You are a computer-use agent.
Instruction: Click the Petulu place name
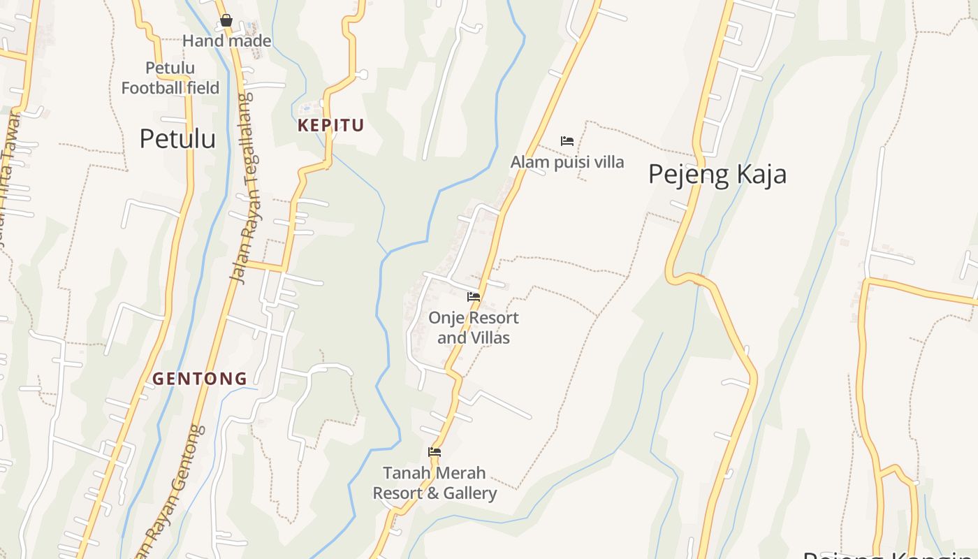[177, 138]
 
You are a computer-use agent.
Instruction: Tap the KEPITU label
[331, 126]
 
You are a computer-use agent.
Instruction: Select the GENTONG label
[200, 379]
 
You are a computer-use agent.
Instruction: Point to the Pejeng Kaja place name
[717, 174]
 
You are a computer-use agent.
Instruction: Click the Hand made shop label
[226, 41]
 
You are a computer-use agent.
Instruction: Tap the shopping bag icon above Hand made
[226, 21]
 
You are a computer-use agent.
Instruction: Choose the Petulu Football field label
[170, 78]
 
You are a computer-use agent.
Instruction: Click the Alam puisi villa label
[567, 162]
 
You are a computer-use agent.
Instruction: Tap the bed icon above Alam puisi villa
[567, 141]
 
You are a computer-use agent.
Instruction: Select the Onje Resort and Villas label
[474, 328]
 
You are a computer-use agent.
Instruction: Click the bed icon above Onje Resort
[474, 297]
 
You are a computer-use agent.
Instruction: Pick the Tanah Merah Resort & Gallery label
[435, 483]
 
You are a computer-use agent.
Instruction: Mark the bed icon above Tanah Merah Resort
[435, 452]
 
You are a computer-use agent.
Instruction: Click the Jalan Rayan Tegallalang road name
[242, 189]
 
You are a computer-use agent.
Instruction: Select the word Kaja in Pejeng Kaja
[757, 174]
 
